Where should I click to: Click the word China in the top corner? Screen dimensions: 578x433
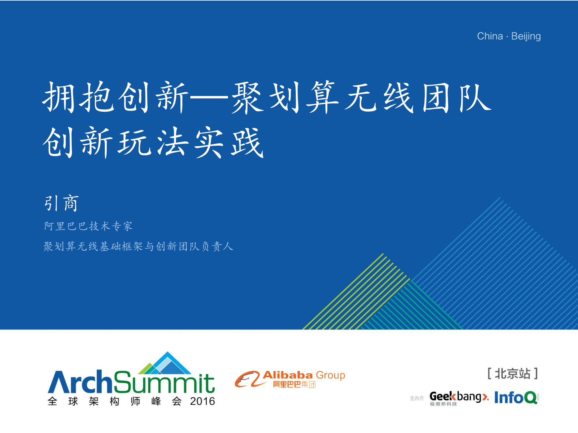[x=490, y=36]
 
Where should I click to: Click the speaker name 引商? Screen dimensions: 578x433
[x=61, y=203]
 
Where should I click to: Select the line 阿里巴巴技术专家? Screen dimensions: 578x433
[x=88, y=226]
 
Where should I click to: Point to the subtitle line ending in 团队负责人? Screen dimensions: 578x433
[x=138, y=246]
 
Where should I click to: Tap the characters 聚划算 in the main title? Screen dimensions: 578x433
[x=285, y=98]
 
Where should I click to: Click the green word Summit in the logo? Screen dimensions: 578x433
[x=164, y=382]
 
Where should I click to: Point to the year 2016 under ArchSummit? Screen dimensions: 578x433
[x=202, y=401]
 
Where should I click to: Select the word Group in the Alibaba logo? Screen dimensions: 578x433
[x=330, y=376]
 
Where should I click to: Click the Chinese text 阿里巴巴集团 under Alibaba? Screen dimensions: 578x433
[x=294, y=384]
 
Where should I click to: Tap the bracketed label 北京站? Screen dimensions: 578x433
[x=513, y=374]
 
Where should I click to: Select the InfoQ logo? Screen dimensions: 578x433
[x=516, y=397]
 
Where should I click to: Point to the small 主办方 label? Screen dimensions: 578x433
[x=417, y=398]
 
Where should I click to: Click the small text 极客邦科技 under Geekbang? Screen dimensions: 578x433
[x=443, y=404]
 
